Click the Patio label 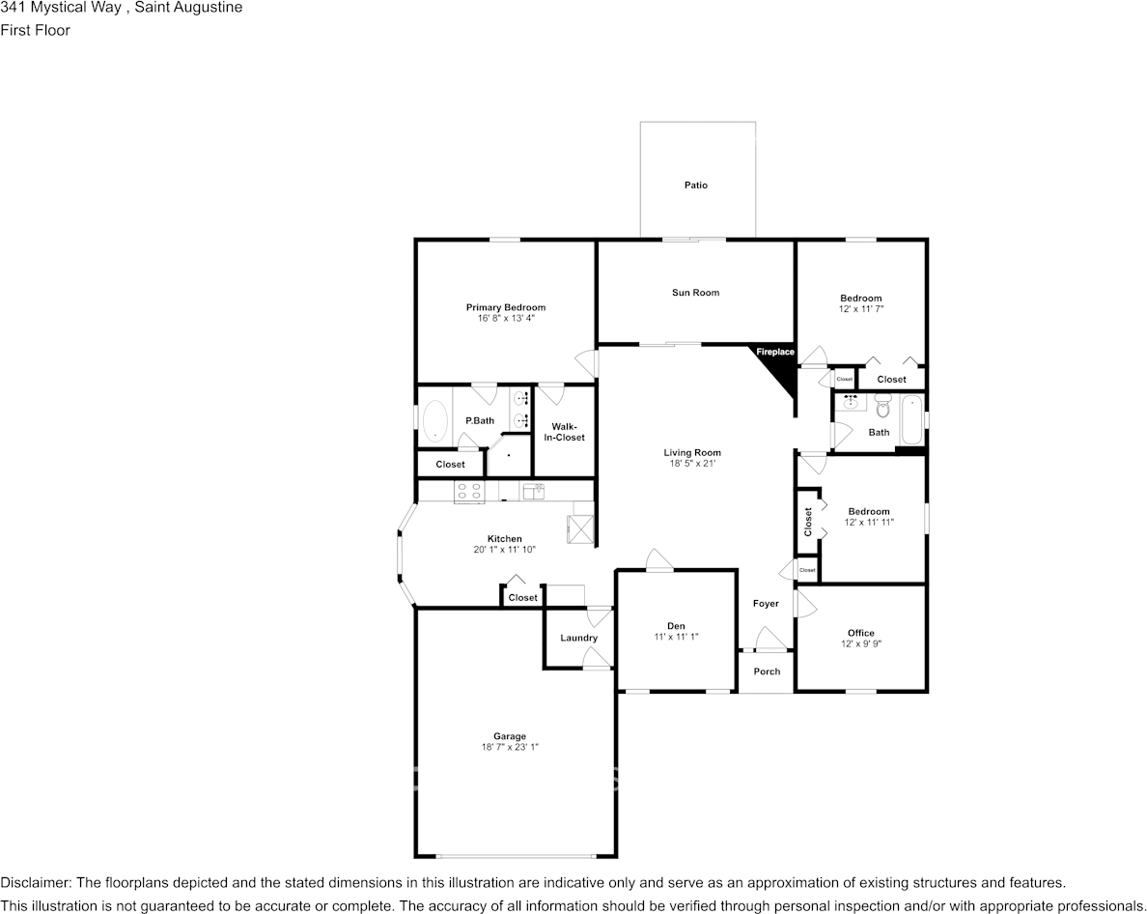coord(696,186)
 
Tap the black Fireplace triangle coord(780,368)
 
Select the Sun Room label coord(696,293)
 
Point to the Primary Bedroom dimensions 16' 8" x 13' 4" coord(506,318)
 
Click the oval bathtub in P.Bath coord(435,421)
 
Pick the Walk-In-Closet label coord(564,432)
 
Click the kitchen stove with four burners coord(469,491)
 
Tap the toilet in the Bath coord(882,404)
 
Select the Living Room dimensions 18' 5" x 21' coord(692,463)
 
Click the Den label coord(676,626)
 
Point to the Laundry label coord(578,638)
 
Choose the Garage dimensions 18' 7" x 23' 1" coord(509,747)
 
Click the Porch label coord(767,671)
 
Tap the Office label coord(861,633)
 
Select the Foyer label coord(766,604)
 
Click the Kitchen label coord(505,538)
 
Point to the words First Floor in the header coord(35,30)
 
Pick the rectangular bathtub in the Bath coord(911,420)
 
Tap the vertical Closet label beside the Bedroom coord(807,522)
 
